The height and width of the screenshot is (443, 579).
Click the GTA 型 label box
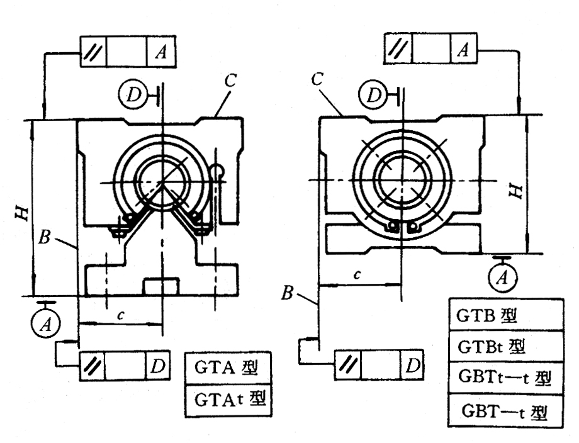point(228,367)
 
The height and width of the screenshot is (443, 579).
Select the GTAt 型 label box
point(228,399)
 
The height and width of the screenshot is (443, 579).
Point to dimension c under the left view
point(118,315)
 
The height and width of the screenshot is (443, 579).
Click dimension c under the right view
point(358,275)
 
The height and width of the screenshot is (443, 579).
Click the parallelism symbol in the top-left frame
point(93,52)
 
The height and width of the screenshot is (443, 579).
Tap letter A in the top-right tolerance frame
point(462,49)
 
